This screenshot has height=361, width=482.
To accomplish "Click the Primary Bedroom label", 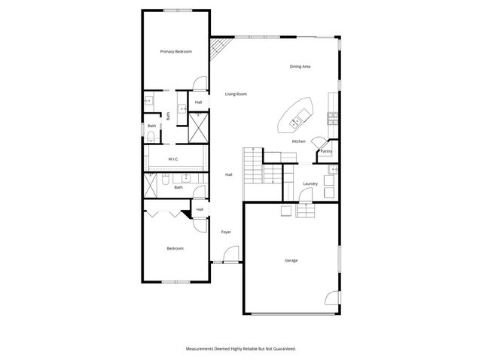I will pyautogui.click(x=175, y=51).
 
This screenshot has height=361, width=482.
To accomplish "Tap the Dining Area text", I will pyautogui.click(x=300, y=67).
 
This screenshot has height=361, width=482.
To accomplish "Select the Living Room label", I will pyautogui.click(x=236, y=94).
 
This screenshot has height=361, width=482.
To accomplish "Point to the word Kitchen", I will pyautogui.click(x=298, y=141).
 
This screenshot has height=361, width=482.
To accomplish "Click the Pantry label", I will pyautogui.click(x=326, y=151).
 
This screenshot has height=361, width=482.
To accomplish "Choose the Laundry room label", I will pyautogui.click(x=310, y=184).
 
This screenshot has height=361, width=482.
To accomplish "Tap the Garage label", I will pyautogui.click(x=291, y=260).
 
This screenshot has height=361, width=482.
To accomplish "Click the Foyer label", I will pyautogui.click(x=225, y=232).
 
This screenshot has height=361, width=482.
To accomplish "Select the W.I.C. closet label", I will pyautogui.click(x=172, y=159).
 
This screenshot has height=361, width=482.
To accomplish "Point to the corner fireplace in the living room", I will pyautogui.click(x=218, y=50).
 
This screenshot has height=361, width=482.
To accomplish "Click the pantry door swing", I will pyautogui.click(x=319, y=142).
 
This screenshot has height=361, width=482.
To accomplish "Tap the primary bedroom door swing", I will pyautogui.click(x=198, y=84).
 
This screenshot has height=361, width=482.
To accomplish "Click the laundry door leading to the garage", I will pyautogui.click(x=304, y=196).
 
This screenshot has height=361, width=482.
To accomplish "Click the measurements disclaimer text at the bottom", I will pyautogui.click(x=240, y=348).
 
